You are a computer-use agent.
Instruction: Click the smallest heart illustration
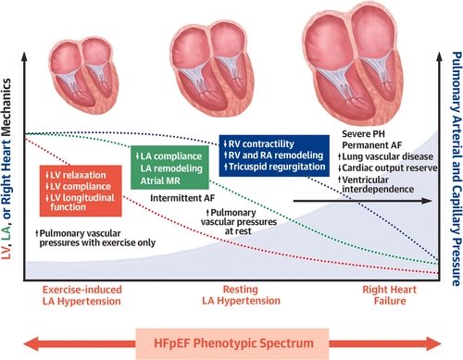[x=83, y=76]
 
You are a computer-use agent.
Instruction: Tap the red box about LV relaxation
[x=81, y=191]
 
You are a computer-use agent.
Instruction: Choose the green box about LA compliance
[x=169, y=168]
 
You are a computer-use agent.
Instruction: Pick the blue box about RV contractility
[x=274, y=155]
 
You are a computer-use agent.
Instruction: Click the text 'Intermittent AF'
[x=182, y=198]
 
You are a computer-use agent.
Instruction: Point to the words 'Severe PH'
[x=363, y=134]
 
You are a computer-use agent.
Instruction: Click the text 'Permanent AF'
[x=371, y=145]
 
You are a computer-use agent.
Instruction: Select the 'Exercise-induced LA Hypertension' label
[x=82, y=295]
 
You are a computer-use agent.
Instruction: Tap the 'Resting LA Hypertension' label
[x=241, y=295]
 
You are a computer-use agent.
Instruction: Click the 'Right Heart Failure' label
[x=389, y=295]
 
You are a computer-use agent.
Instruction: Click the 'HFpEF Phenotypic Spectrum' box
[x=232, y=343]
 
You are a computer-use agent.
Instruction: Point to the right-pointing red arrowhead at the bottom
[x=433, y=343]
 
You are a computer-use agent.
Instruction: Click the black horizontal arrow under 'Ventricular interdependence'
[x=362, y=201]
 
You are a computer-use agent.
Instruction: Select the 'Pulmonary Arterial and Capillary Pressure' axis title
[x=457, y=169]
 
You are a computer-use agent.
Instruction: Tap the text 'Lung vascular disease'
[x=386, y=156]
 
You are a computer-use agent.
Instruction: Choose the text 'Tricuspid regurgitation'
[x=275, y=167]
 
